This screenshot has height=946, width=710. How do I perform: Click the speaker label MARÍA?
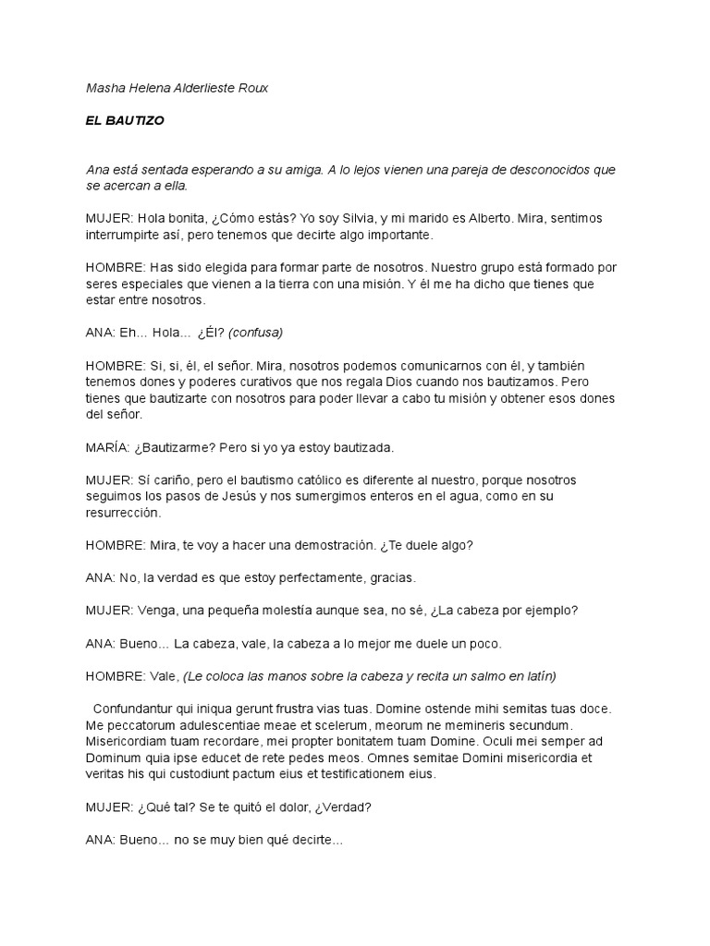tap(108, 448)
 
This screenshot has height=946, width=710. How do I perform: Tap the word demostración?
tap(321, 545)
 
